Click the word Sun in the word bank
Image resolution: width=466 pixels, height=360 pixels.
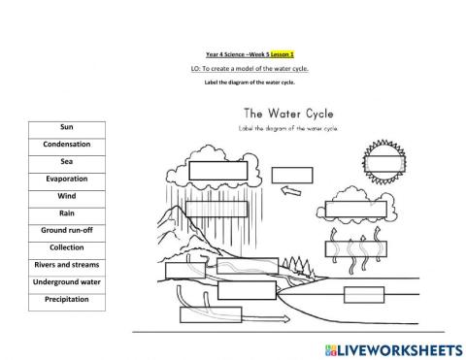coord(67,126)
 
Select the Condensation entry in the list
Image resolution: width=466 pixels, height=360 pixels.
coord(67,144)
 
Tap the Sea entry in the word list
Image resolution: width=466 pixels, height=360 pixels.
coord(67,161)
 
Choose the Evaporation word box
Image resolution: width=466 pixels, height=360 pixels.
coord(67,179)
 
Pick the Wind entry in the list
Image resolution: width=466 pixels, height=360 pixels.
coord(67,196)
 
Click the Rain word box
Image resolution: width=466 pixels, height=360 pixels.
coord(67,213)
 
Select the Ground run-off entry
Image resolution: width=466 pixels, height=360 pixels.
coord(67,230)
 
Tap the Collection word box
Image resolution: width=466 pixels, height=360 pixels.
coord(67,247)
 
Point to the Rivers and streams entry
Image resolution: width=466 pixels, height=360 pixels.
coord(67,264)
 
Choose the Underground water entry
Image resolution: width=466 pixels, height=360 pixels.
coord(67,281)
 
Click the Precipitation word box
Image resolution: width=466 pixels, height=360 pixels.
coord(67,299)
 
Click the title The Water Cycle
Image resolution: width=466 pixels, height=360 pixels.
coord(289,114)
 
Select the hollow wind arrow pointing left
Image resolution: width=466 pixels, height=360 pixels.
coord(287,192)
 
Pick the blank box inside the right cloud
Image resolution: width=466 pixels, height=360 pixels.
coord(355,209)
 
